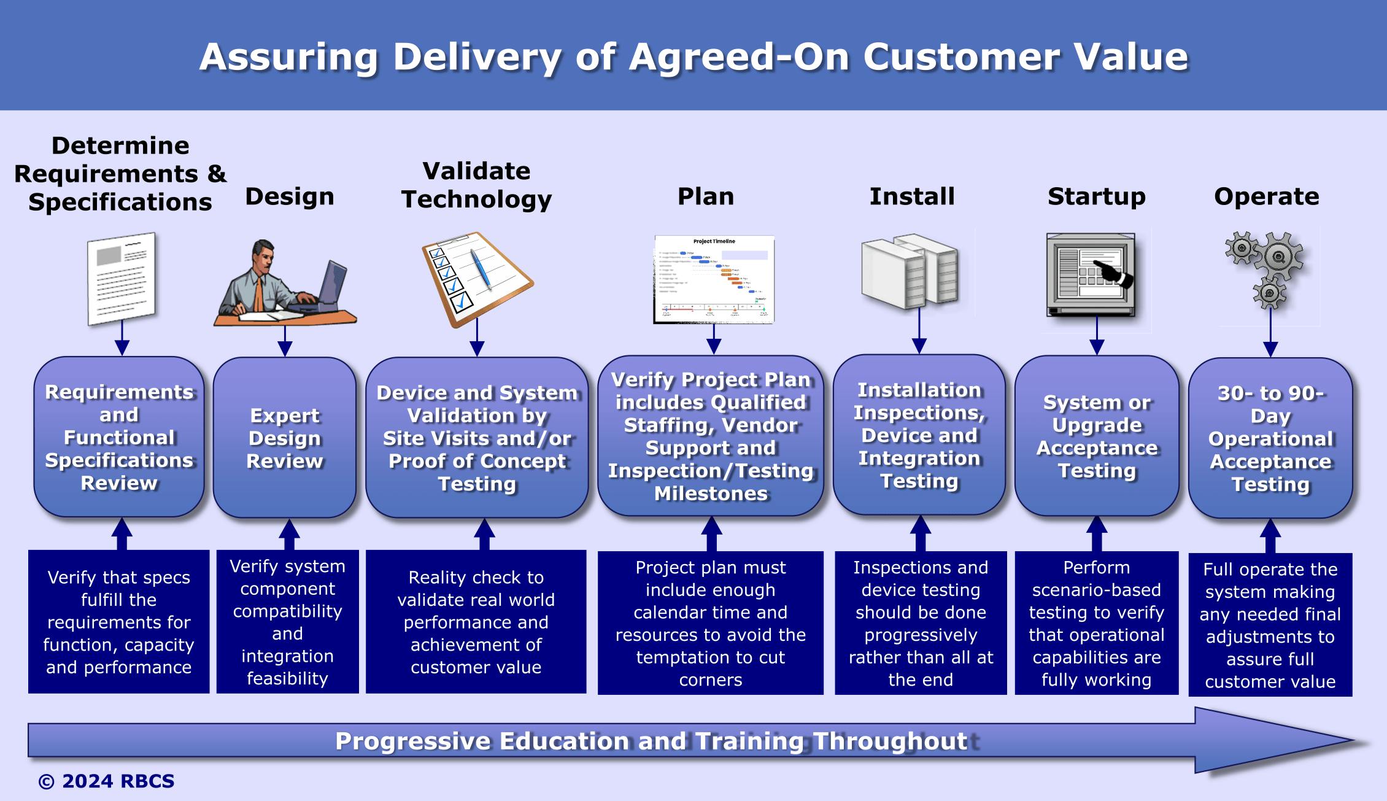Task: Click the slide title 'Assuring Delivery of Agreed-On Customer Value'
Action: pyautogui.click(x=693, y=56)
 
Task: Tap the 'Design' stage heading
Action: pyautogui.click(x=290, y=196)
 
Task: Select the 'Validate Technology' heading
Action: pyautogui.click(x=476, y=185)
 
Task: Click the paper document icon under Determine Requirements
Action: pyautogui.click(x=122, y=279)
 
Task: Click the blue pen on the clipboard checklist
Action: pyautogui.click(x=481, y=268)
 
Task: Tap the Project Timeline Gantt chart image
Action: pyautogui.click(x=714, y=279)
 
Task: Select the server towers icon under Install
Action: pyautogui.click(x=910, y=271)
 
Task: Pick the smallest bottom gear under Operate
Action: pyautogui.click(x=1269, y=293)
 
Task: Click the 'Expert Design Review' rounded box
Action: pyautogui.click(x=285, y=438)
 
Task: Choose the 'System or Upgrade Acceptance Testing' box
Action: pyautogui.click(x=1097, y=436)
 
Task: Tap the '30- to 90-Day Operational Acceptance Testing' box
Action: pyautogui.click(x=1270, y=438)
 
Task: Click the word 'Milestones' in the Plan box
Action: pyautogui.click(x=711, y=493)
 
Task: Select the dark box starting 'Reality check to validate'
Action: pyautogui.click(x=476, y=622)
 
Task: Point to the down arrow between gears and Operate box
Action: pyautogui.click(x=1270, y=335)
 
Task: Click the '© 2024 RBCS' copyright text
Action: pyautogui.click(x=107, y=781)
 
